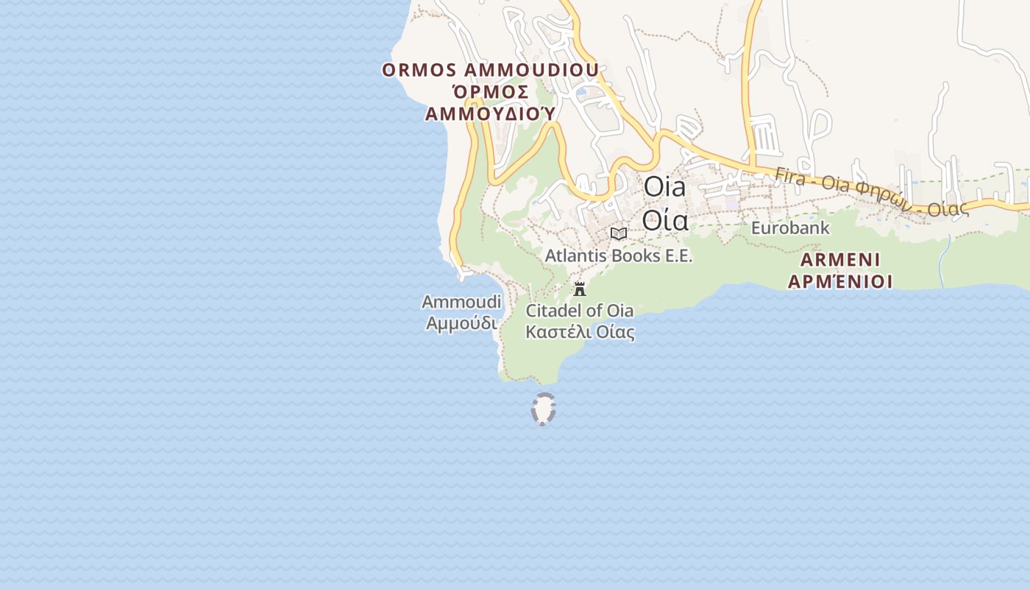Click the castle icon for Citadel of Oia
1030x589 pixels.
pyautogui.click(x=580, y=288)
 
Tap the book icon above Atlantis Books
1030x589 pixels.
pyautogui.click(x=619, y=233)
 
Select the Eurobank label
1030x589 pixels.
pyautogui.click(x=789, y=228)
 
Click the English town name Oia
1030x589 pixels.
pyautogui.click(x=664, y=187)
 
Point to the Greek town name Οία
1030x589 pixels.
pyautogui.click(x=664, y=219)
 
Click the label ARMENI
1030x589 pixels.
pyautogui.click(x=840, y=260)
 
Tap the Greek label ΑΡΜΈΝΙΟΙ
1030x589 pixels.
pyautogui.click(x=840, y=281)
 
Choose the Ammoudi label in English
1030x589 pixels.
pyautogui.click(x=461, y=302)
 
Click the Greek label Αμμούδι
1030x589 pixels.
pyautogui.click(x=461, y=322)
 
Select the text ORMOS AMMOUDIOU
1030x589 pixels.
pyautogui.click(x=490, y=70)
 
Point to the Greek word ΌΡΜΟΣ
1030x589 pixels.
pyautogui.click(x=490, y=92)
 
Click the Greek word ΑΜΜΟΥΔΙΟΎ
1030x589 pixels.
pyautogui.click(x=490, y=114)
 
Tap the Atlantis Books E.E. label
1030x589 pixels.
pyautogui.click(x=619, y=255)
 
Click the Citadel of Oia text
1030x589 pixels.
pyautogui.click(x=580, y=310)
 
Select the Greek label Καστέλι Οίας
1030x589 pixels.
pyautogui.click(x=580, y=331)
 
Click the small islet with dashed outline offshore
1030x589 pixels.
pyautogui.click(x=543, y=409)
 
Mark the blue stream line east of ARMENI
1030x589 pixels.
pyautogui.click(x=944, y=262)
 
